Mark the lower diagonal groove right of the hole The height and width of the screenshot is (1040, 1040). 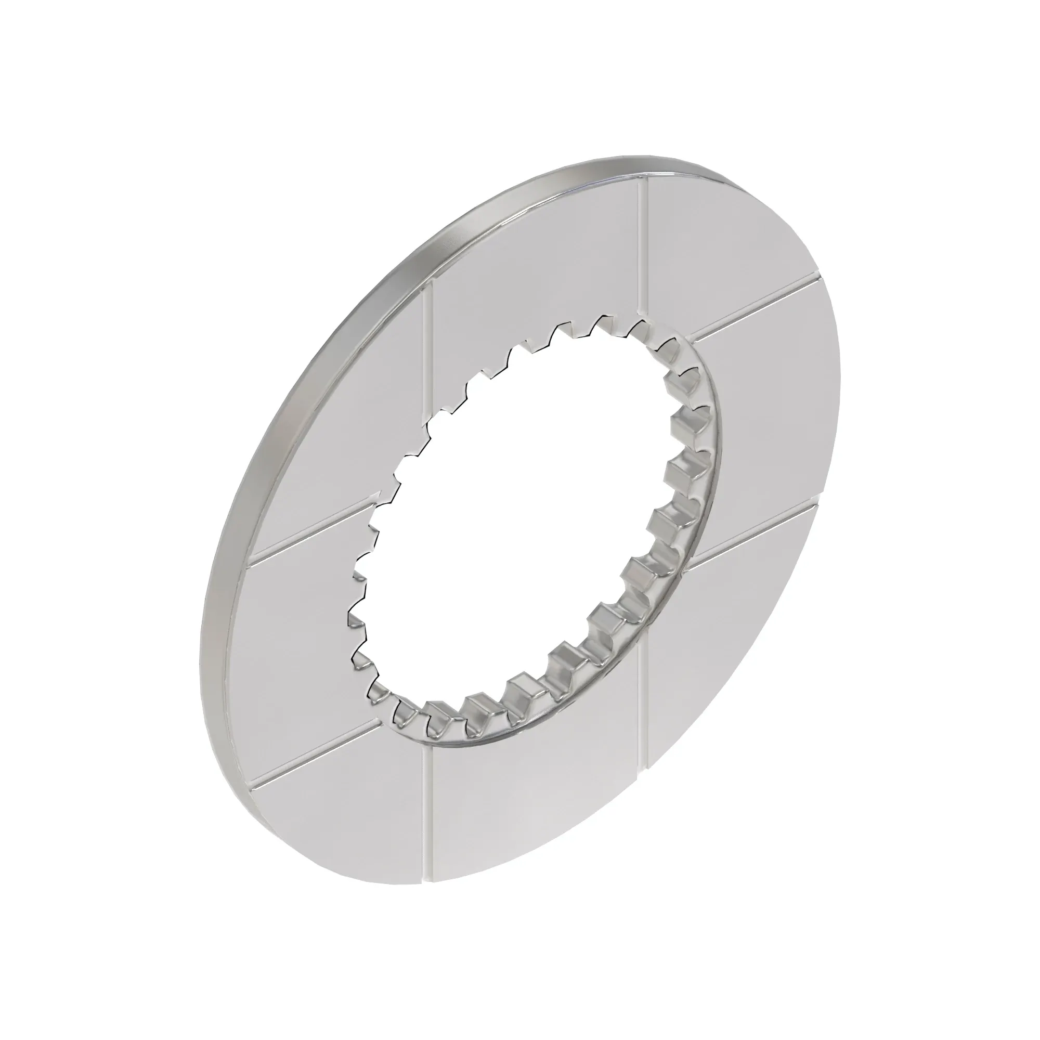pos(753,533)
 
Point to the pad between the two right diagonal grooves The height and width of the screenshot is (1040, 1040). pos(764,420)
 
